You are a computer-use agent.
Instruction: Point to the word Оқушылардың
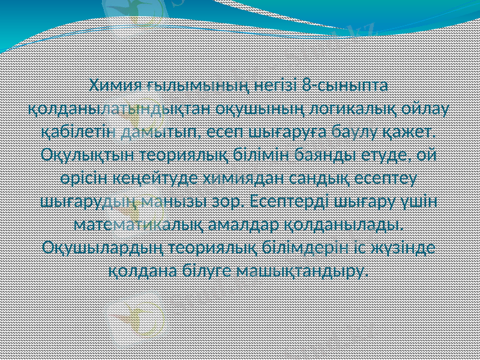[104, 247]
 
